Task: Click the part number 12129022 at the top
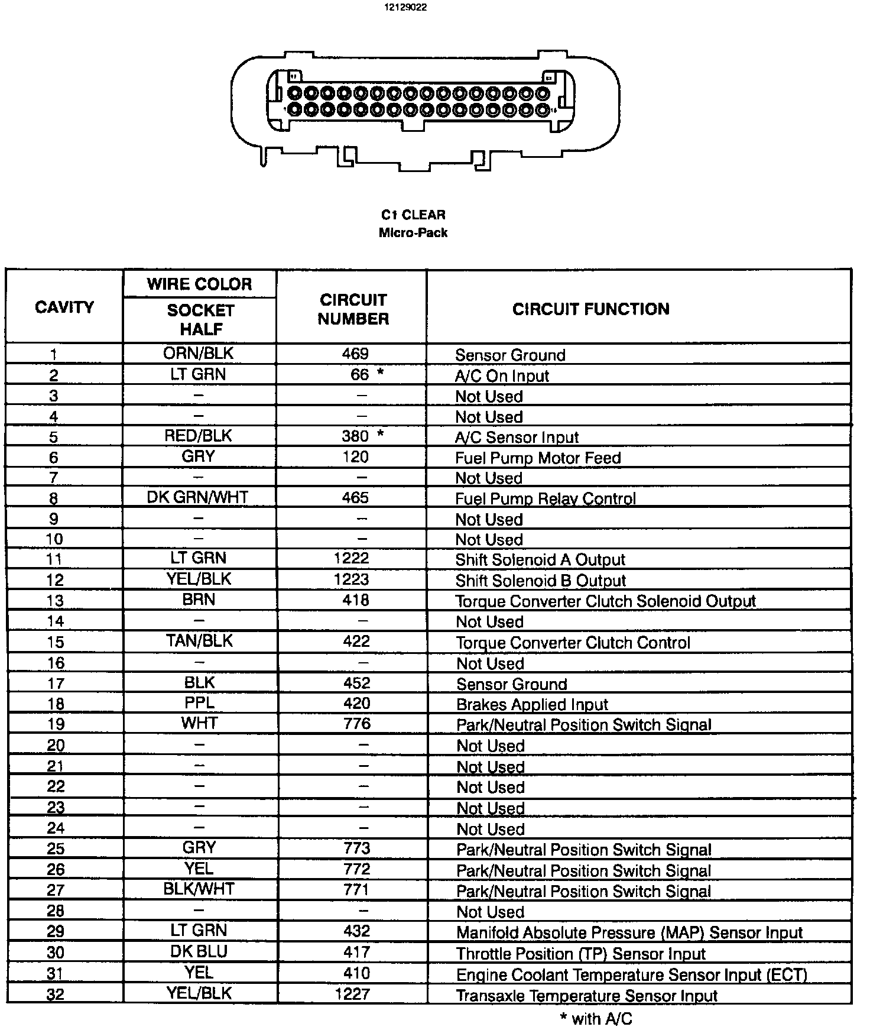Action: point(405,8)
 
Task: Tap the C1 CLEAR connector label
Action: point(413,215)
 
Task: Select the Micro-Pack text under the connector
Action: point(413,232)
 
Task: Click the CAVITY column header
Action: point(64,307)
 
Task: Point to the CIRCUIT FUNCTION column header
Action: point(590,309)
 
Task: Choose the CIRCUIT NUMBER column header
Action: point(353,309)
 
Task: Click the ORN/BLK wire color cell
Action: point(199,354)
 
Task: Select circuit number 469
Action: point(355,354)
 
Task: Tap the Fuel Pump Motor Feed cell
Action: point(538,458)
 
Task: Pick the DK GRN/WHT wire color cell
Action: point(197,498)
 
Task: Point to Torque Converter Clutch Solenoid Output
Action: point(606,601)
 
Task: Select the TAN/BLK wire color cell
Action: point(199,641)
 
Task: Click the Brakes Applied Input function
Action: point(532,705)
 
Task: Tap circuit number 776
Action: point(356,723)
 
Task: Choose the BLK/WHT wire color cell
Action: point(199,889)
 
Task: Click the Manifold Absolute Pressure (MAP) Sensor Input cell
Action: point(629,933)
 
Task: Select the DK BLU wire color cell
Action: point(199,952)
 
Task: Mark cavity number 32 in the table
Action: point(55,995)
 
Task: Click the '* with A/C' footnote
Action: point(596,1018)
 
